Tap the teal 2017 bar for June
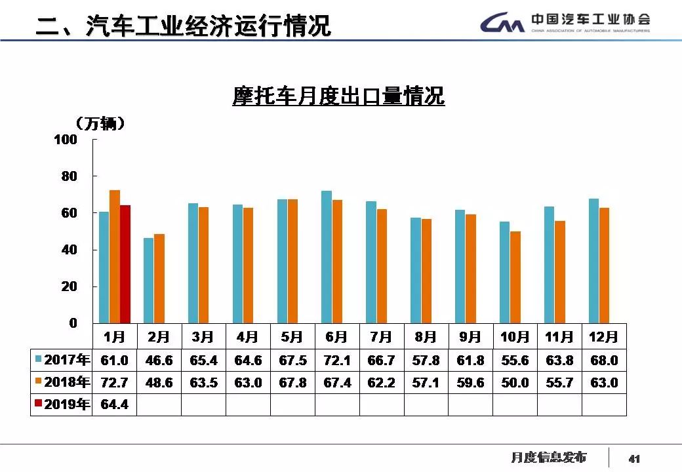tap(327, 256)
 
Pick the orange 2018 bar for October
tap(515, 277)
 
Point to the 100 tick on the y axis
tap(69, 140)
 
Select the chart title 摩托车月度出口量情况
tap(338, 96)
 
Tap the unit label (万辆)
tap(100, 123)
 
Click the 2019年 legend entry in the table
tap(62, 404)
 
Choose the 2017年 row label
tap(62, 360)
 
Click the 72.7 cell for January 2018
tap(114, 382)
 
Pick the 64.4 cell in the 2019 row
tap(114, 404)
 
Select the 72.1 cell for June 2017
tap(337, 360)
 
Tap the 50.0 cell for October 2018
tap(515, 382)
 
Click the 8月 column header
tap(426, 337)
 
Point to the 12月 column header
tap(603, 337)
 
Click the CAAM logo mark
tap(502, 24)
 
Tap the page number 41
tap(634, 458)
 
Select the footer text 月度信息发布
tap(548, 457)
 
